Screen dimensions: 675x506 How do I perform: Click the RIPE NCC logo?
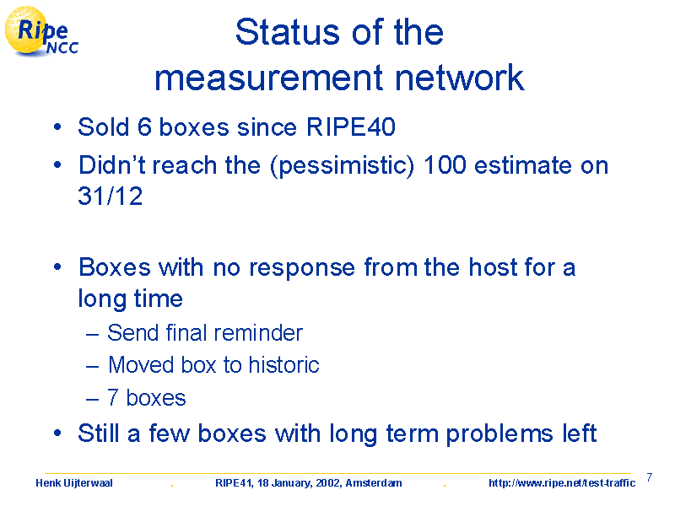(x=41, y=32)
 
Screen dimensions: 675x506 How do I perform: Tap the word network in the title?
(x=459, y=78)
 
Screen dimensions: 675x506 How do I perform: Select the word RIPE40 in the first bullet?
(x=351, y=127)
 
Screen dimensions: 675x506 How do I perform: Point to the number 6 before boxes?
(x=144, y=127)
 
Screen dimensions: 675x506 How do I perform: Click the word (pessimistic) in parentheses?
(x=343, y=166)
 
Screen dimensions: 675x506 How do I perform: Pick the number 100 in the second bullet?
(x=445, y=164)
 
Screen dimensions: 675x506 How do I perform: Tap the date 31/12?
(x=111, y=196)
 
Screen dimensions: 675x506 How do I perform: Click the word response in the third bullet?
(x=302, y=268)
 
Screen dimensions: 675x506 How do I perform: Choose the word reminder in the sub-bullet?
(x=258, y=332)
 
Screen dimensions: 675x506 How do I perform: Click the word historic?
(x=284, y=365)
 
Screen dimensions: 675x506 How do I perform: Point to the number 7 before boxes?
(x=113, y=397)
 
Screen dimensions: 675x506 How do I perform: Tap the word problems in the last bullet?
(x=499, y=434)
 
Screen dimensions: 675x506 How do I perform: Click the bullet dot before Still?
(x=57, y=433)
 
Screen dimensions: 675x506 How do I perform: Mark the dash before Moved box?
(x=93, y=367)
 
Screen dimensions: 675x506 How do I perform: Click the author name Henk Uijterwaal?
(x=74, y=483)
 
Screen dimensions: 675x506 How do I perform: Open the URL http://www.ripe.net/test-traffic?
(x=562, y=483)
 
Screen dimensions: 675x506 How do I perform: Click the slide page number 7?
(x=650, y=477)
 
